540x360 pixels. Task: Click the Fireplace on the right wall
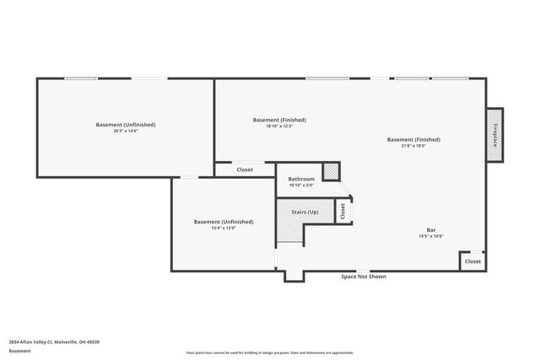pos(495,133)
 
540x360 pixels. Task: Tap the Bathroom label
pos(301,179)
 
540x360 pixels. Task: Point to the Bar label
pos(430,229)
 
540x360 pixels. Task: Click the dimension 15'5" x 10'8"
pos(430,236)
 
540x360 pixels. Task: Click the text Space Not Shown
pos(364,277)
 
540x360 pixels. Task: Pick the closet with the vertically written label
pos(343,211)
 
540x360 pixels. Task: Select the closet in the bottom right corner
pos(472,261)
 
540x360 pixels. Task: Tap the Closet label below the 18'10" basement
pos(245,169)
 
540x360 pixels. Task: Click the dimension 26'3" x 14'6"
pos(126,131)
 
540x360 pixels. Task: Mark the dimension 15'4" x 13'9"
pos(224,228)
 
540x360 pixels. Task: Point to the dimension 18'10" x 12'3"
pos(279,126)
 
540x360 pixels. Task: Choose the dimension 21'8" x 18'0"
pos(413,146)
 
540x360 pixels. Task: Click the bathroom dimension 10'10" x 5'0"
pos(301,185)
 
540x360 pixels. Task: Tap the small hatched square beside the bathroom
pos(332,171)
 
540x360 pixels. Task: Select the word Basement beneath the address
pos(19,351)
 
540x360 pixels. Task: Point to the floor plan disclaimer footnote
pos(270,352)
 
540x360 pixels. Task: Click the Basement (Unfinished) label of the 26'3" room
pos(126,124)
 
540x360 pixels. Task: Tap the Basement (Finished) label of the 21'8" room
pos(413,139)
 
